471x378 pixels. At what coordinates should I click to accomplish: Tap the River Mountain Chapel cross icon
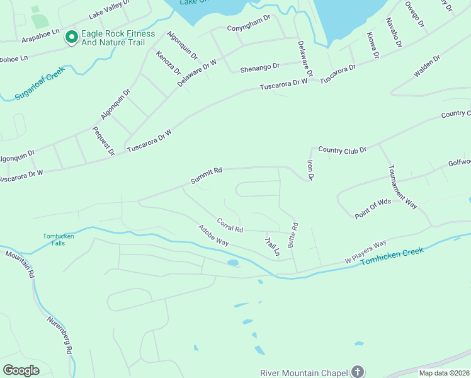(358, 371)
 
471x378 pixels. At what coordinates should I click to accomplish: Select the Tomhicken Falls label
(54, 240)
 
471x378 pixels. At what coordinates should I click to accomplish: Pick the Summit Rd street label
(207, 176)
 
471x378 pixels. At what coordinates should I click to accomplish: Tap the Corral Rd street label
(229, 224)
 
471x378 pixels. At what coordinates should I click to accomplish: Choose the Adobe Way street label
(213, 236)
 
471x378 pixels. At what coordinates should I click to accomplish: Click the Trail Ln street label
(271, 246)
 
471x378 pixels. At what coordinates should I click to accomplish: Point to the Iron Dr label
(310, 170)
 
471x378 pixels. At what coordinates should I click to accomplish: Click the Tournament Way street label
(402, 187)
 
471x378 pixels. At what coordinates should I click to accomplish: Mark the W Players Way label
(365, 253)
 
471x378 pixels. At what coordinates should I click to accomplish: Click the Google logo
(21, 370)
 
